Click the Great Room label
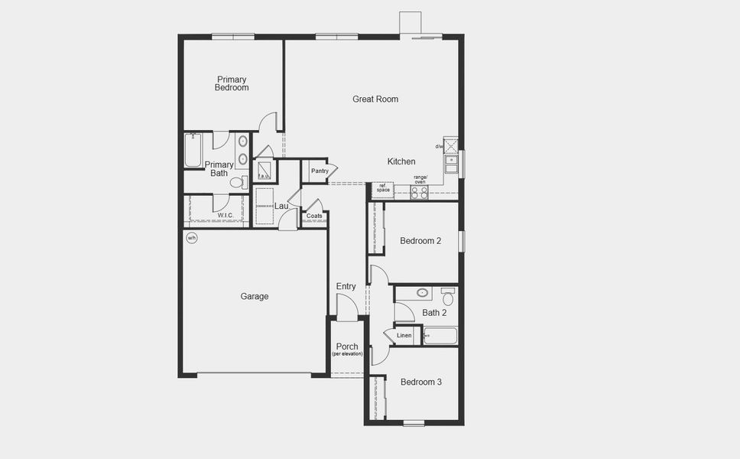pos(375,99)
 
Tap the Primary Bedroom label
pos(232,83)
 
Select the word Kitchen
pos(401,161)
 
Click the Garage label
pos(255,296)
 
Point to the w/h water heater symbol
pos(192,238)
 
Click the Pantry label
pos(320,171)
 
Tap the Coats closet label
pos(314,216)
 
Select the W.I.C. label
pos(225,216)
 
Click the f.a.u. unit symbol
pos(264,170)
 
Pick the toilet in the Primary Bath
pos(238,182)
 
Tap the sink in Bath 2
pos(422,293)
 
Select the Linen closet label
pos(404,336)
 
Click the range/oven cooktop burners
pos(420,193)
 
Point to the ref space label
pos(383,187)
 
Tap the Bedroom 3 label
pos(421,382)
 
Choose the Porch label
pos(347,347)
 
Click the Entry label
pos(346,287)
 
